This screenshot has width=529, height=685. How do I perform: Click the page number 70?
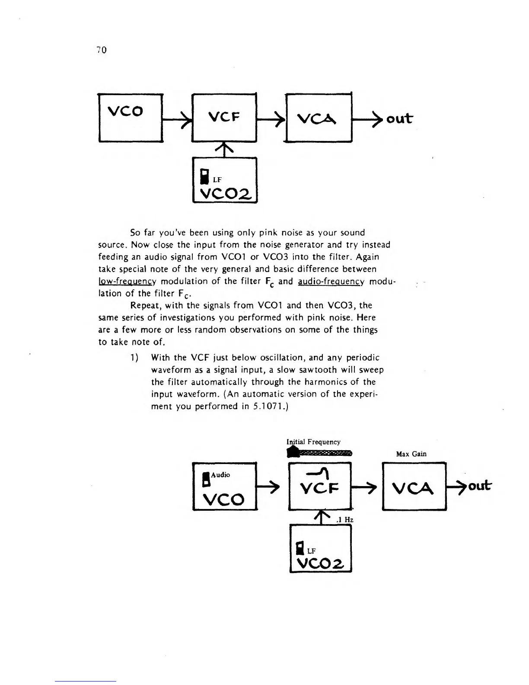102,50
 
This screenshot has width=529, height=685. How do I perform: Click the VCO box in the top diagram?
131,117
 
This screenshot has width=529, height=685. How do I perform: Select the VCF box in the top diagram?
224,117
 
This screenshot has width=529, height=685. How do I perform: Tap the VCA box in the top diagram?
318,118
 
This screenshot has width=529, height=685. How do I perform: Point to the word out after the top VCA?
399,118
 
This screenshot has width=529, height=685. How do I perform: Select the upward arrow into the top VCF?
225,149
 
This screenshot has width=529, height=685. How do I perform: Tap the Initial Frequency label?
313,442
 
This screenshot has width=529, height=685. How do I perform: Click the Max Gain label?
411,454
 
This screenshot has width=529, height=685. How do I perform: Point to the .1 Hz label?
345,520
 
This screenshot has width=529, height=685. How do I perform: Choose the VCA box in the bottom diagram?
414,486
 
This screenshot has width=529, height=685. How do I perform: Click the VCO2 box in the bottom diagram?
320,548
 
